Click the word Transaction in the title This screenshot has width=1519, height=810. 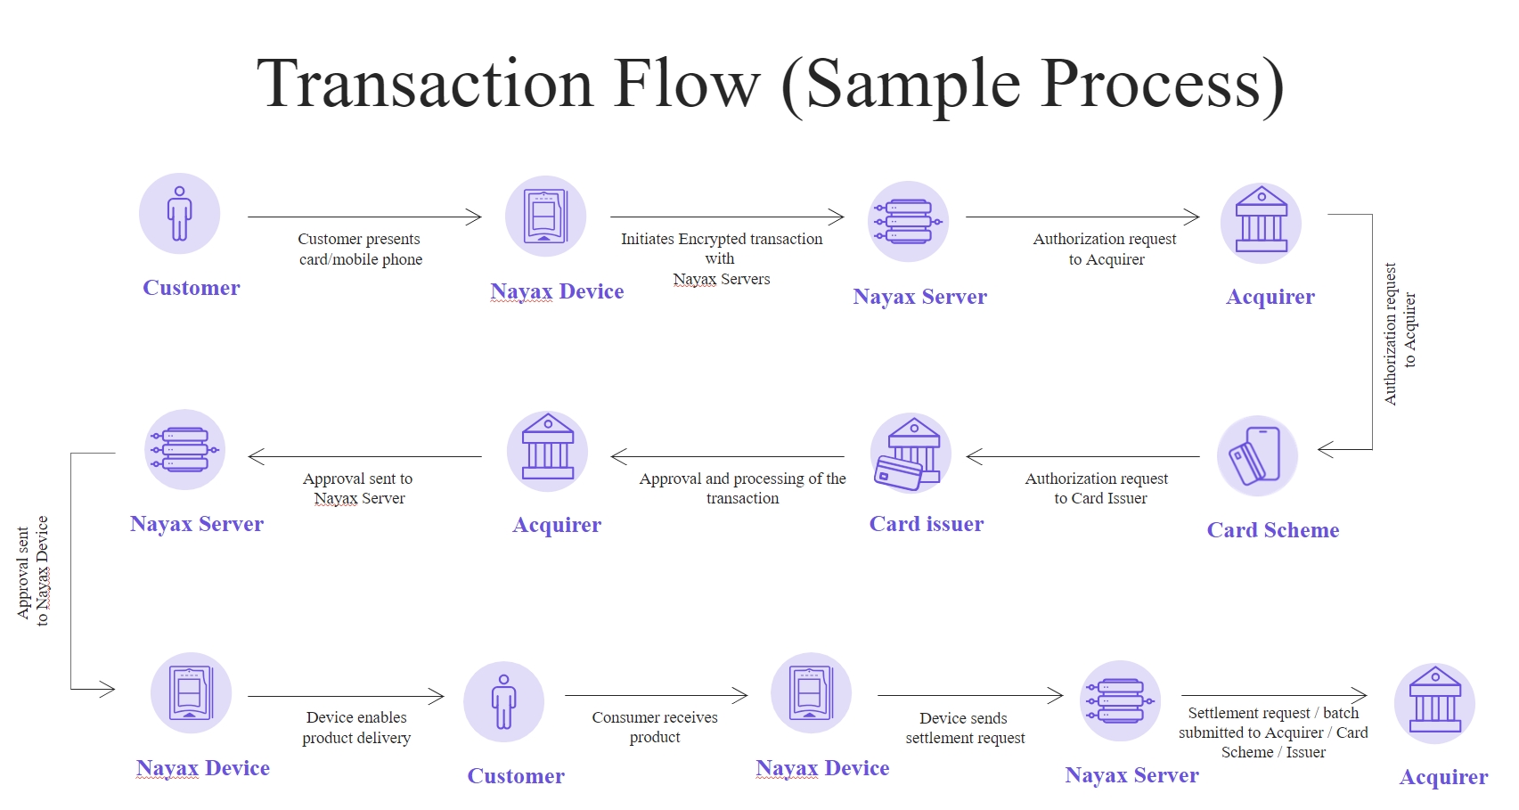[x=424, y=84]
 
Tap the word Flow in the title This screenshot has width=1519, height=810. [x=686, y=84]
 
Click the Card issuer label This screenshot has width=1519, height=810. [x=927, y=524]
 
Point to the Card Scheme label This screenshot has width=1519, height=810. [x=1272, y=530]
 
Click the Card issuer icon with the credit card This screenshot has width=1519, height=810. [x=910, y=454]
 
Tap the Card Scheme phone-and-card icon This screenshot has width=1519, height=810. [x=1257, y=455]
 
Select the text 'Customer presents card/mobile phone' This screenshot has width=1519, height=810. [x=360, y=250]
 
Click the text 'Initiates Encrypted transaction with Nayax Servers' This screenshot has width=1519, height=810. [x=721, y=258]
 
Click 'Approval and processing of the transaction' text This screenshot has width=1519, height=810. [x=742, y=488]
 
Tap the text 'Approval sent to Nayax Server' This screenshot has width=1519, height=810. [x=358, y=488]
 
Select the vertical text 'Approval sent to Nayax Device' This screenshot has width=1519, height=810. [x=32, y=570]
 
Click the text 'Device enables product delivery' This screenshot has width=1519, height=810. [x=356, y=727]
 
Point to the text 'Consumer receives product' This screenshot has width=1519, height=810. [x=655, y=727]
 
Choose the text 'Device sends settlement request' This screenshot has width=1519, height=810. [x=965, y=728]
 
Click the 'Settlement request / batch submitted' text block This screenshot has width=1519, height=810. [x=1273, y=732]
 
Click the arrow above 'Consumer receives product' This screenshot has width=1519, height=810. [x=655, y=695]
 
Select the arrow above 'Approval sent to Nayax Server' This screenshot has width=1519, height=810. [x=364, y=457]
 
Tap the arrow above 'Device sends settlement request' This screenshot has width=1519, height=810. [x=969, y=696]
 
